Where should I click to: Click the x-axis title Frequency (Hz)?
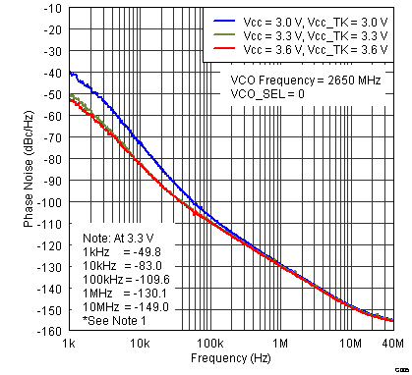[x=231, y=359]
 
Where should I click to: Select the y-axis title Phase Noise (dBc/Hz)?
[x=29, y=170]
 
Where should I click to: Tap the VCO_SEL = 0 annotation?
[x=267, y=93]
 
